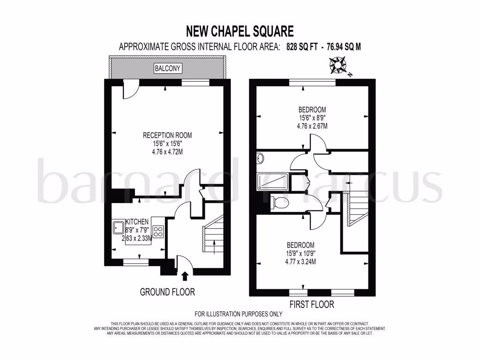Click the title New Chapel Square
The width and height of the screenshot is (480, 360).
tap(240, 31)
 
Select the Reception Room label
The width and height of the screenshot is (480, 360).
tap(167, 135)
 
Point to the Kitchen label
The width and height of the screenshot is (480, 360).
tap(137, 222)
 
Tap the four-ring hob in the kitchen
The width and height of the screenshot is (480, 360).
tap(158, 231)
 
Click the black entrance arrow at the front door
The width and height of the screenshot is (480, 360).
tap(184, 277)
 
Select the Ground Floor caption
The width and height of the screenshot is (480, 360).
tap(167, 292)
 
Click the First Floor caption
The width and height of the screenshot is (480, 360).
tap(312, 305)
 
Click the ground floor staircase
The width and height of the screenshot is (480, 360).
tap(211, 239)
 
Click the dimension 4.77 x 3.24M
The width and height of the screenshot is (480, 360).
tap(300, 261)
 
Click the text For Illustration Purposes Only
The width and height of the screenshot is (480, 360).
tap(239, 314)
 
